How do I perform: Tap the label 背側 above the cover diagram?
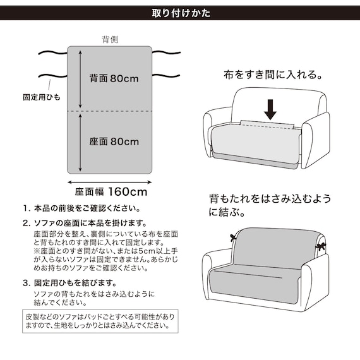[x=111, y=39]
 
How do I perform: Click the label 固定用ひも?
[x=41, y=98]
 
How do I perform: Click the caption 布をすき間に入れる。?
[x=273, y=75]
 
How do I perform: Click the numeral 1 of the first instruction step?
[x=25, y=208]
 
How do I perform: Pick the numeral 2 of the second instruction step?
[x=25, y=223]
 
